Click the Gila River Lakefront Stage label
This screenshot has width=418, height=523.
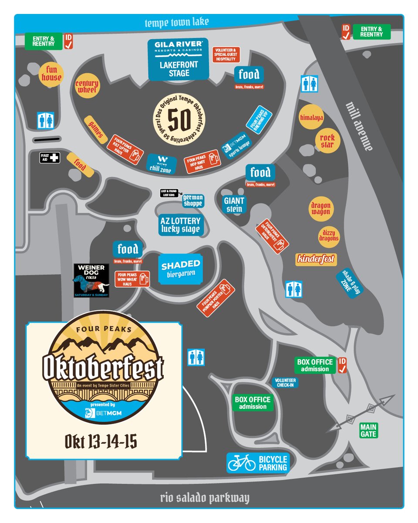[178, 59]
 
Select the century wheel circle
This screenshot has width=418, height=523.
[87, 86]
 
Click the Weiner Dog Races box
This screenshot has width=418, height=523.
[91, 280]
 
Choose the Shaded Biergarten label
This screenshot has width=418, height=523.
[181, 268]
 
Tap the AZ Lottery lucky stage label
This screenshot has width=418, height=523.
[180, 224]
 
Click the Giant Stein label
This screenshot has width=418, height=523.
[234, 204]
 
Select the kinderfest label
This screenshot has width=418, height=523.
[316, 259]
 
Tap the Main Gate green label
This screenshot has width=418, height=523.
[368, 430]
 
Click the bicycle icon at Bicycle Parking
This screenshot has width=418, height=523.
[242, 463]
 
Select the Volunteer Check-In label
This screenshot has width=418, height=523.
[285, 383]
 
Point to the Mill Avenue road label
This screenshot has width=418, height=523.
[359, 126]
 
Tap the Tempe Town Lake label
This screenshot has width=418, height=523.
[177, 22]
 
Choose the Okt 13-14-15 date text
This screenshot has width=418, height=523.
[101, 441]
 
